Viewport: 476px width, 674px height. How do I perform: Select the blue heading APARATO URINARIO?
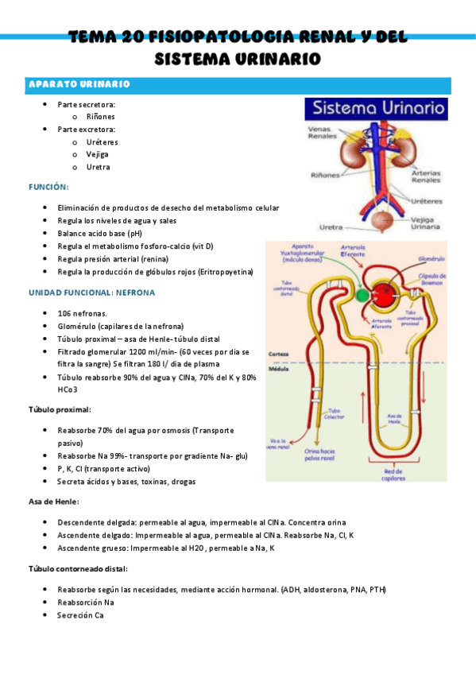point(79,84)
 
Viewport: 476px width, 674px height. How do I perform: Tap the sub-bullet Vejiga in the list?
point(98,154)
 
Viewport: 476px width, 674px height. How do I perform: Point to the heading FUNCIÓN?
point(49,188)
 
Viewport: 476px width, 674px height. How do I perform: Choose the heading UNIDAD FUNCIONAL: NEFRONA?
point(92,292)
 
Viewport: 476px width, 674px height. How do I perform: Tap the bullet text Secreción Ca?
point(80,616)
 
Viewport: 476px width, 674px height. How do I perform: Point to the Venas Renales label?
point(322,132)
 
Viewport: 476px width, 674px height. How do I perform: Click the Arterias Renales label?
point(426,176)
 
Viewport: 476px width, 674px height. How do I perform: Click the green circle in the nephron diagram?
point(362,295)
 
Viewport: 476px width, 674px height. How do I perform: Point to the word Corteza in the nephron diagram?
point(278,353)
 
